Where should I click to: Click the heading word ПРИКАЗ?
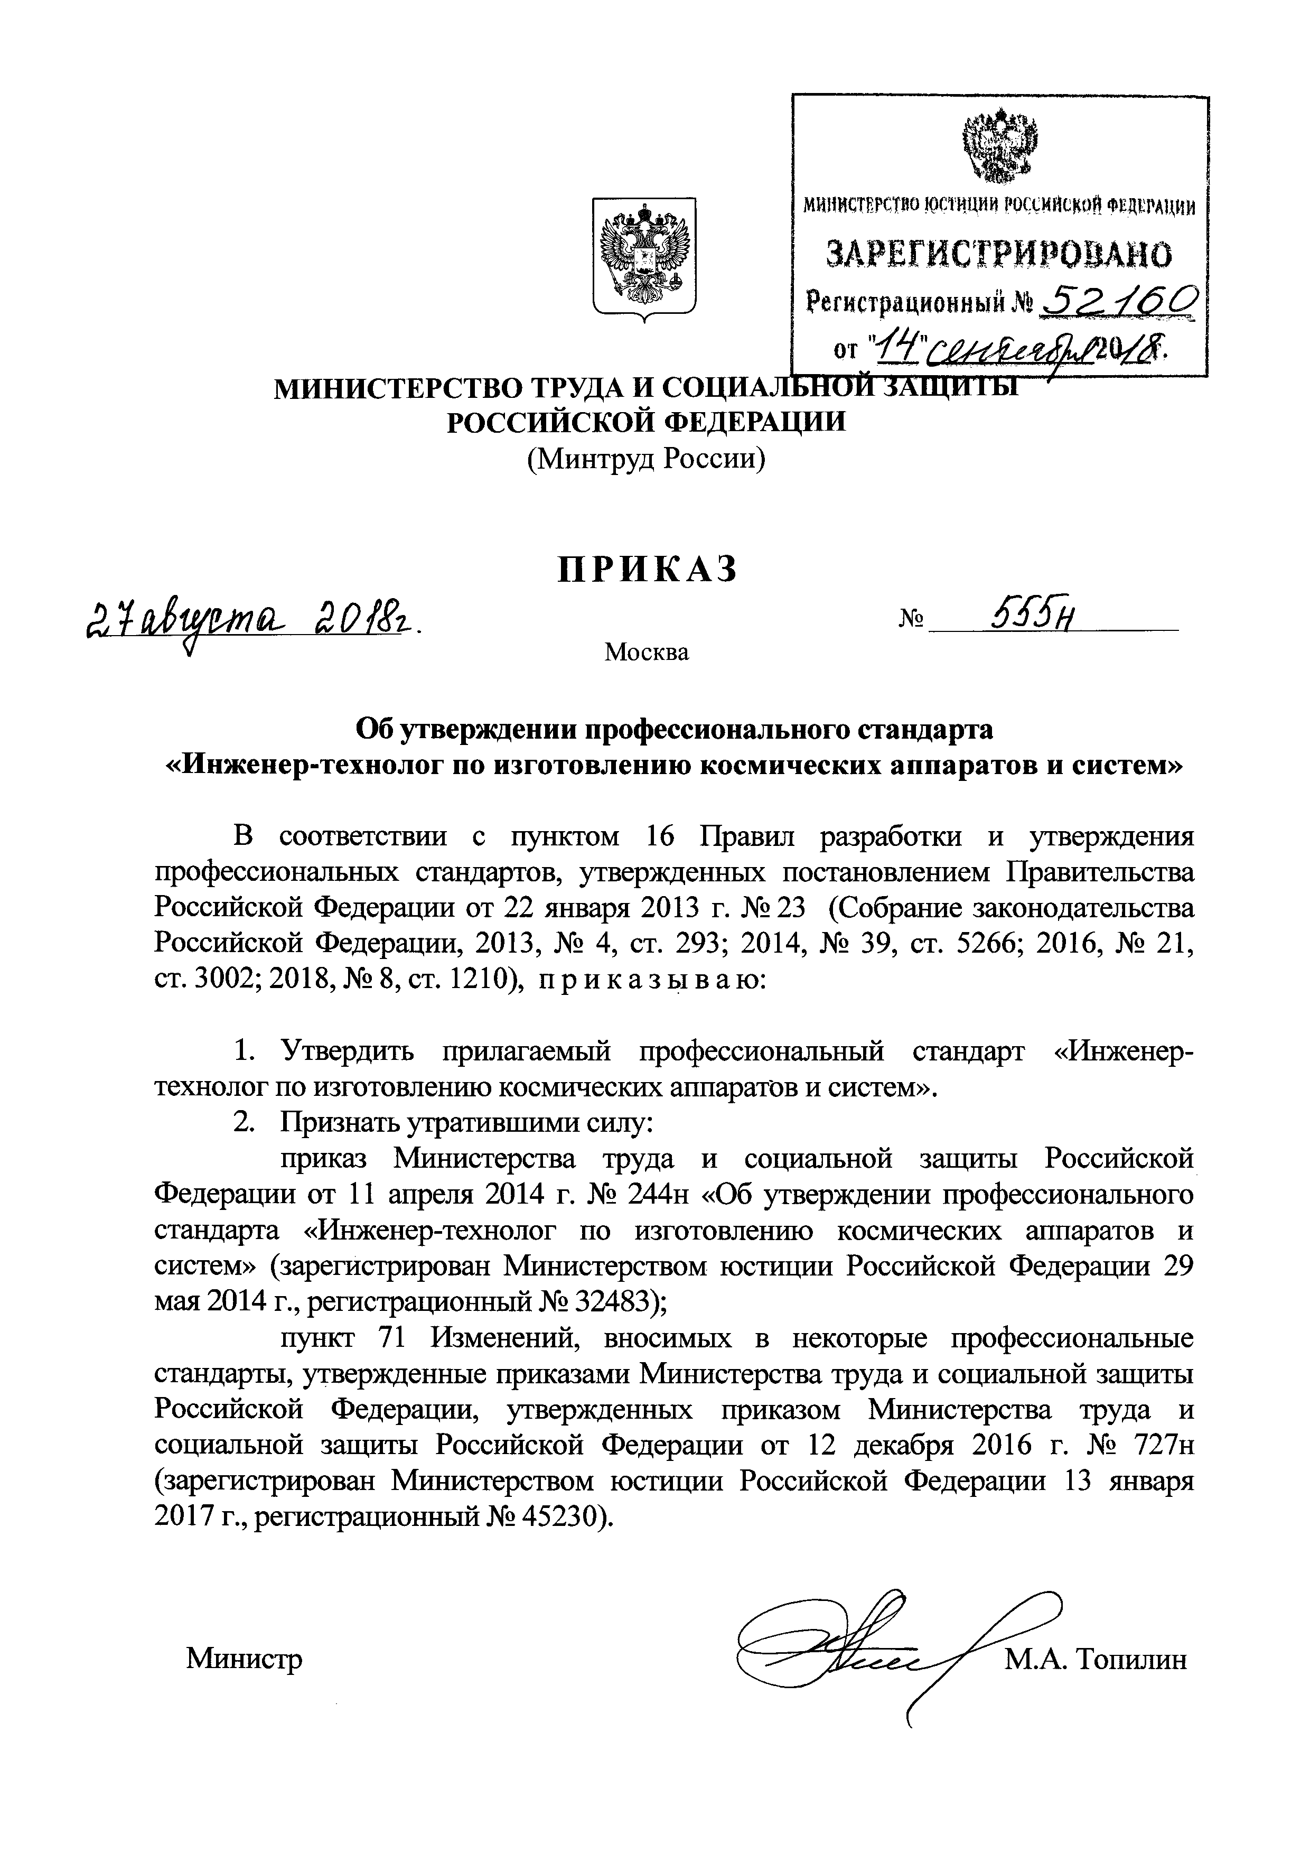(648, 570)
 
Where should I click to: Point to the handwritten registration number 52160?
(1117, 305)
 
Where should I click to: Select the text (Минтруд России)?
(645, 459)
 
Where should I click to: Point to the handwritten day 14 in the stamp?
(886, 346)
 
